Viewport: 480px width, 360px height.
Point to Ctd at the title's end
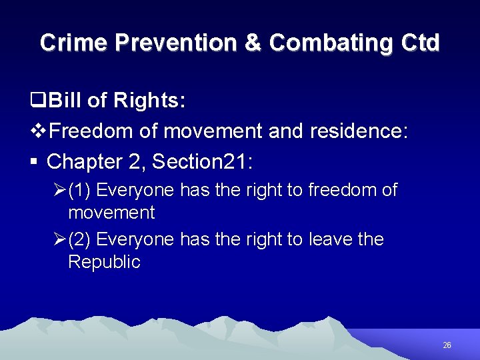(x=421, y=43)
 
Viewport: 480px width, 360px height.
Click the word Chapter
(x=85, y=161)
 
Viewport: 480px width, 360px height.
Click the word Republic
(x=104, y=262)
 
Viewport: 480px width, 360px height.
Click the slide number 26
(x=447, y=345)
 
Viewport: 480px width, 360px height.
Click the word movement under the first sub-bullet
(x=111, y=213)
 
